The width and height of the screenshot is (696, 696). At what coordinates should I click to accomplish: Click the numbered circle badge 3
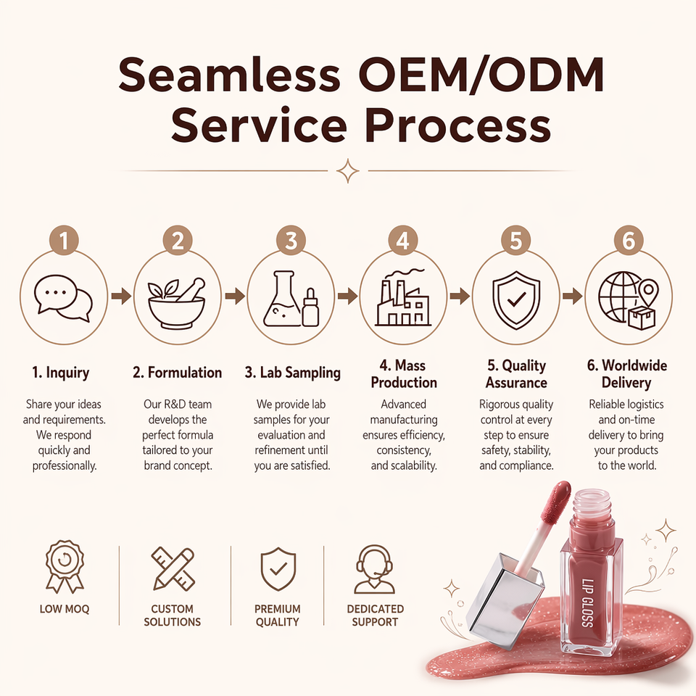click(291, 241)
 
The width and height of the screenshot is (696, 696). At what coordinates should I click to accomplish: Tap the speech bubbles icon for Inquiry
click(64, 298)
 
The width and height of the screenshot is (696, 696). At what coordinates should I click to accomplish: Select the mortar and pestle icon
click(177, 303)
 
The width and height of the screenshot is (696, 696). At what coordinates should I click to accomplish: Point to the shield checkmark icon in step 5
click(516, 300)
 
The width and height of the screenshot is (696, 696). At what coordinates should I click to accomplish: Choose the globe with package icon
click(628, 300)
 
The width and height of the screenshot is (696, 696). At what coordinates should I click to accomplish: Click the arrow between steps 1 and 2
click(121, 296)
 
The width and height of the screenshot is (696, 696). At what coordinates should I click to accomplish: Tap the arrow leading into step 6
click(572, 296)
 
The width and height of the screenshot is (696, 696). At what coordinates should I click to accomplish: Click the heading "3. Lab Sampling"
click(292, 373)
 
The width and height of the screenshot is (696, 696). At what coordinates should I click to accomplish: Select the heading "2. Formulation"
click(177, 373)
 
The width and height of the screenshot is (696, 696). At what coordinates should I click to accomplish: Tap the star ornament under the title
click(347, 171)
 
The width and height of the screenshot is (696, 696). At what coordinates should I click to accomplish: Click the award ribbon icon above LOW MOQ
click(65, 567)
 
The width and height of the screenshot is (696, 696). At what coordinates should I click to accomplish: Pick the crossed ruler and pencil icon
click(173, 568)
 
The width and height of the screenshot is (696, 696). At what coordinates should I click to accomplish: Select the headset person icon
click(374, 570)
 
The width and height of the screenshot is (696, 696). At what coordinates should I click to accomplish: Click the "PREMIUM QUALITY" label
click(278, 616)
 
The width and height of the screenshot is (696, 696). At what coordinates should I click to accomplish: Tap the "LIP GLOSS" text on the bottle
click(587, 603)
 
